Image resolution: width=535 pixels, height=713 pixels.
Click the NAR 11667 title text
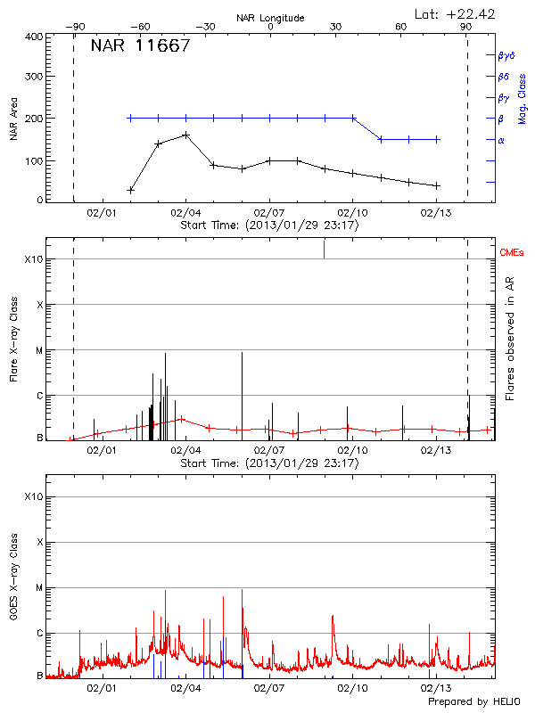pyautogui.click(x=140, y=46)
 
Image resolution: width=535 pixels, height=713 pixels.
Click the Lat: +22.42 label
pyautogui.click(x=456, y=13)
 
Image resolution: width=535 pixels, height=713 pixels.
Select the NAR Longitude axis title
pyautogui.click(x=270, y=18)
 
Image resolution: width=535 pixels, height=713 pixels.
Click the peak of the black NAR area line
pyautogui.click(x=185, y=135)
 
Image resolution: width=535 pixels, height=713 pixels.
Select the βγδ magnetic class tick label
pyautogui.click(x=506, y=55)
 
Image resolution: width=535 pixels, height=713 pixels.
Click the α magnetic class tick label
pyautogui.click(x=500, y=140)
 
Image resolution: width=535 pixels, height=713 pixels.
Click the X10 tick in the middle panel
pyautogui.click(x=33, y=259)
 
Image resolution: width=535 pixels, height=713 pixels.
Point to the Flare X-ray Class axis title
pyautogui.click(x=13, y=341)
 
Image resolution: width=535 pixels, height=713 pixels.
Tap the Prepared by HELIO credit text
pyautogui.click(x=473, y=701)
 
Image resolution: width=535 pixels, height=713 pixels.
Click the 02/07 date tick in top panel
pyautogui.click(x=268, y=213)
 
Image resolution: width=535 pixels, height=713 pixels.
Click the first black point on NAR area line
pyautogui.click(x=130, y=190)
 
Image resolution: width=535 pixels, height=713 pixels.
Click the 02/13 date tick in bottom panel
pyautogui.click(x=435, y=688)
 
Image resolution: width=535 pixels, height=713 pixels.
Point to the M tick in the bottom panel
pyautogui.click(x=39, y=588)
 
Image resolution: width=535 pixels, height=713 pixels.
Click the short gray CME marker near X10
pyautogui.click(x=324, y=250)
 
